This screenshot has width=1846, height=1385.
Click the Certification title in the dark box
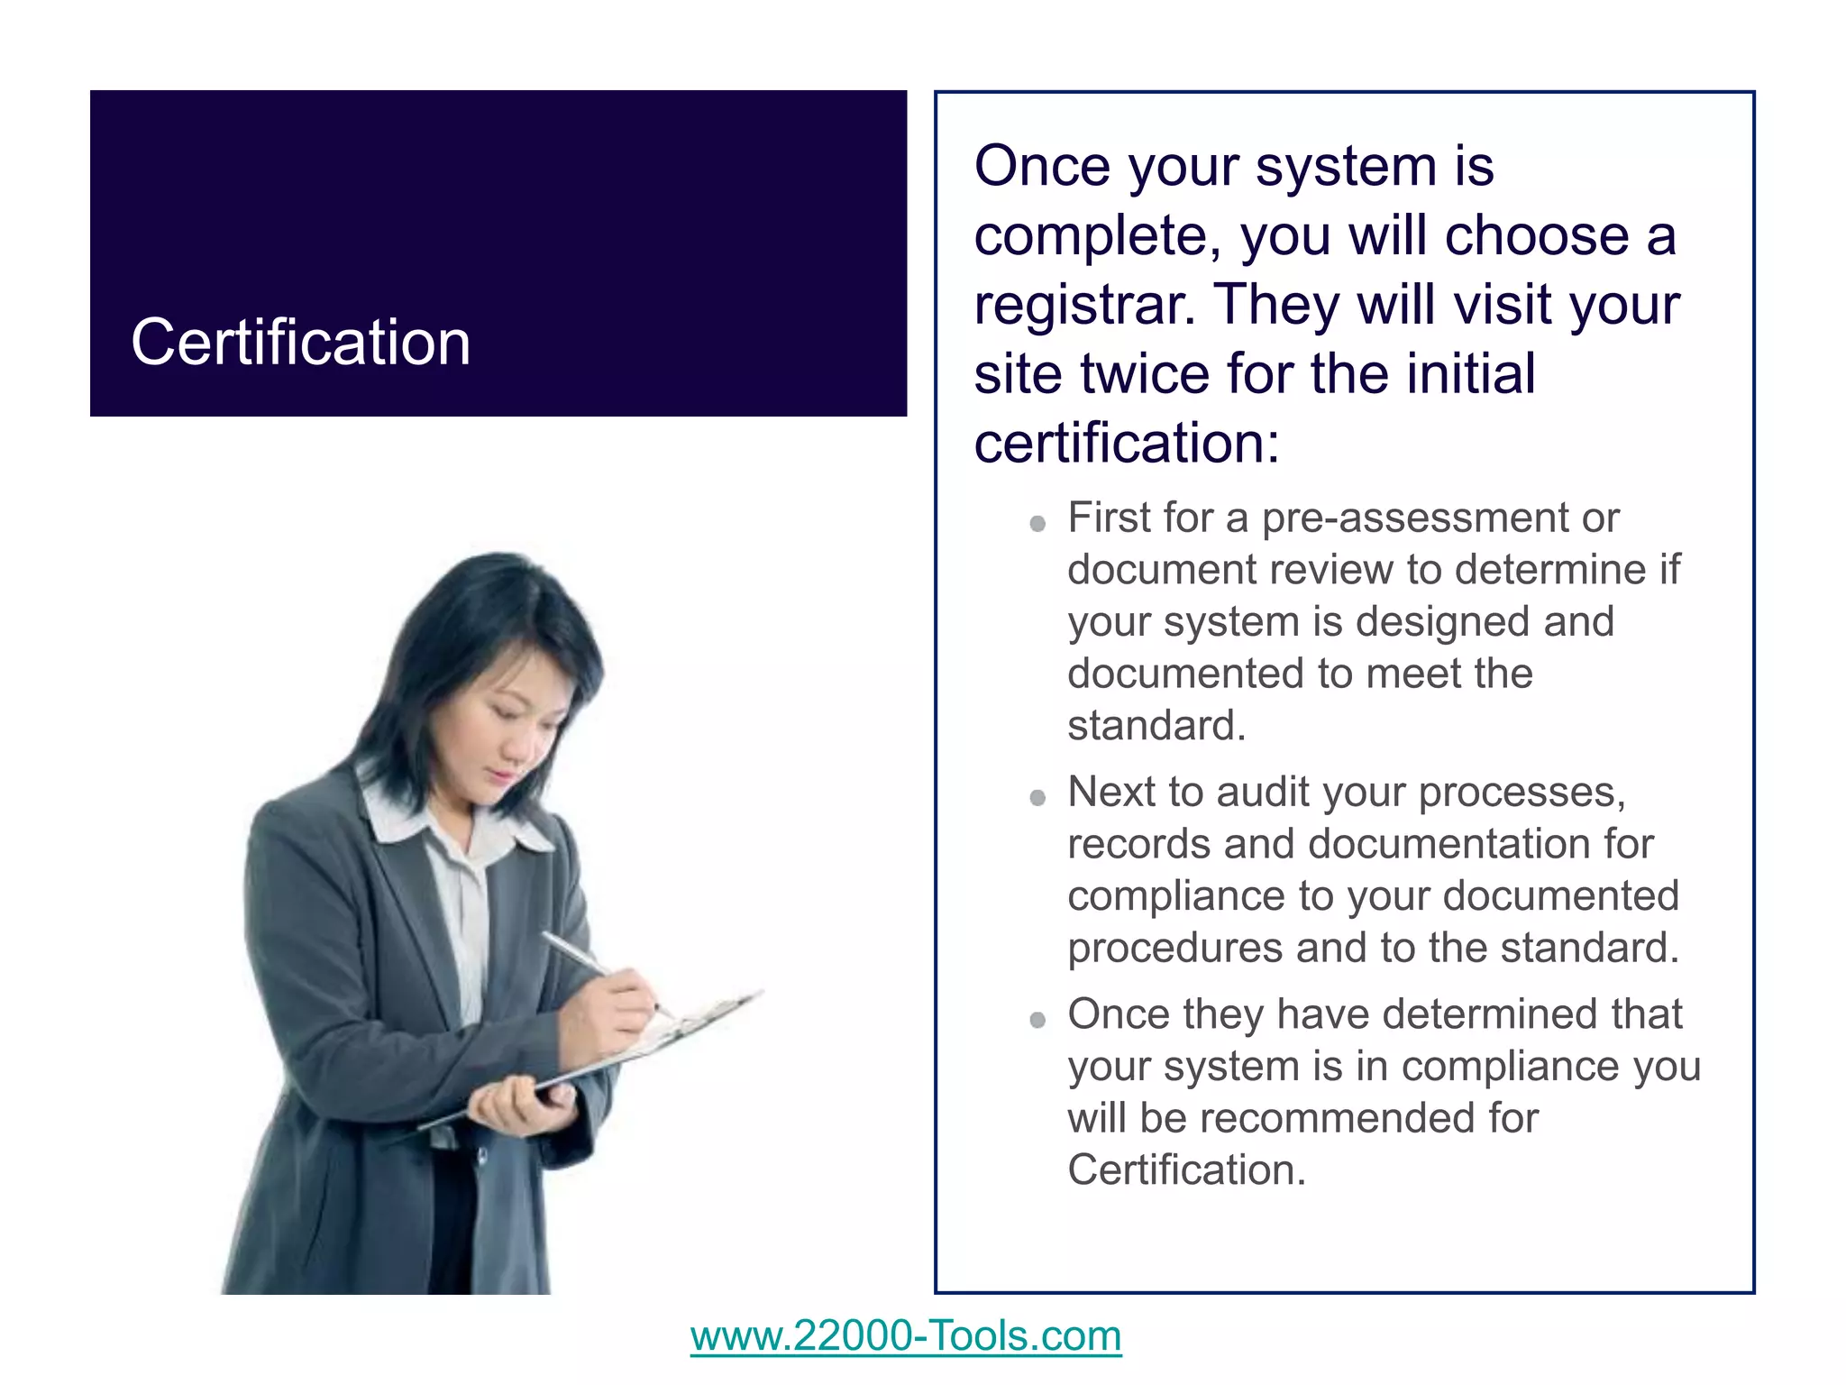tap(300, 344)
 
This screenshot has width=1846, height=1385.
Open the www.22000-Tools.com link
tap(906, 1335)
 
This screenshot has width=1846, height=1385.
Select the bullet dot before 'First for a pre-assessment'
tap(1037, 524)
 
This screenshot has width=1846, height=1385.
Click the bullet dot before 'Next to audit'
tap(1037, 798)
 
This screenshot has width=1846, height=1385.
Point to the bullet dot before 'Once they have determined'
tap(1037, 1020)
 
